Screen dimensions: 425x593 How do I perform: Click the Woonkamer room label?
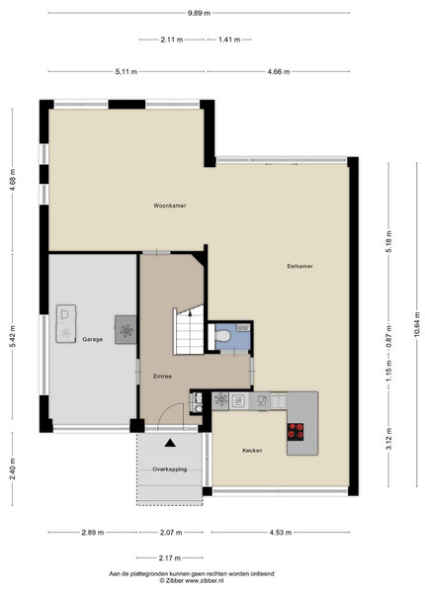click(169, 206)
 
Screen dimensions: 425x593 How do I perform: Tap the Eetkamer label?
click(299, 266)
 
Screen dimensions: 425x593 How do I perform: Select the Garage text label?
click(93, 339)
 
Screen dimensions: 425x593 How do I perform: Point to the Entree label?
click(163, 377)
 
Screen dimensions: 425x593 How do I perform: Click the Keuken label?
click(252, 451)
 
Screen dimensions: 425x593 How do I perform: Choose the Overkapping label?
click(170, 469)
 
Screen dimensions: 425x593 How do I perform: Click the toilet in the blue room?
click(222, 335)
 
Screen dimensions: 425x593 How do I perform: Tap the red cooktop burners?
click(296, 432)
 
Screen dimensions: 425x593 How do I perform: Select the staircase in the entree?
click(189, 330)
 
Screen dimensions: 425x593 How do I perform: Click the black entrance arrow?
click(170, 443)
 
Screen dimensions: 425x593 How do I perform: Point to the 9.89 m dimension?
click(199, 13)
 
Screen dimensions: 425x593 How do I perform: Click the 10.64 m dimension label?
click(417, 324)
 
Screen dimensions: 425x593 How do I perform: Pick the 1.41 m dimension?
click(229, 40)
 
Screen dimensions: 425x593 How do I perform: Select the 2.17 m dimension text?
click(170, 557)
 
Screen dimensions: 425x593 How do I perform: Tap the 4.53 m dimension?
click(281, 533)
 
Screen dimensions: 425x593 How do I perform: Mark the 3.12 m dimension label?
click(389, 439)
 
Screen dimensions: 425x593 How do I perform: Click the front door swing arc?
click(169, 407)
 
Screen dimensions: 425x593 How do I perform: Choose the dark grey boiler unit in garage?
click(126, 330)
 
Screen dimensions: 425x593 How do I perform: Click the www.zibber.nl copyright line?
click(192, 580)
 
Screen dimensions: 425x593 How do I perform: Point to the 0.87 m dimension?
click(389, 337)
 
